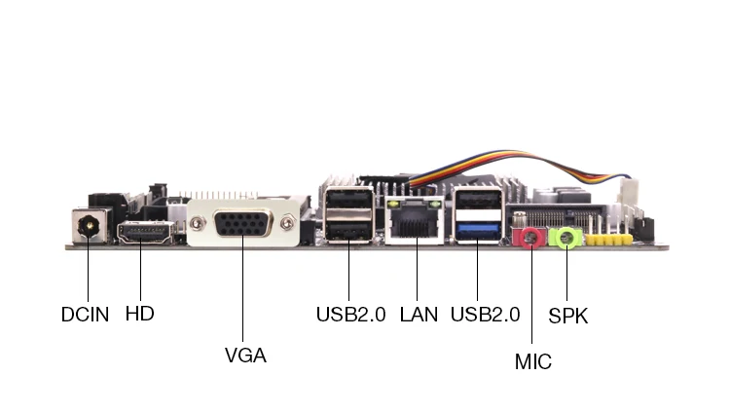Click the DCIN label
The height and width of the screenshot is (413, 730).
tap(86, 315)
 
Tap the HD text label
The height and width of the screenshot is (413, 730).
tap(139, 314)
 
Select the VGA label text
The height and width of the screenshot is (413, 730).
tap(245, 356)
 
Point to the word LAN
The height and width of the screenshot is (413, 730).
tap(419, 315)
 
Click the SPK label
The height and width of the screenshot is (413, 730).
tap(568, 316)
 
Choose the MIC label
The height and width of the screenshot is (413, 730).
tap(533, 361)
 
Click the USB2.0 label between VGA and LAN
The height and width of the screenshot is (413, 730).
tap(351, 315)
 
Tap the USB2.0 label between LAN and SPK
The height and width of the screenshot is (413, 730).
tap(485, 315)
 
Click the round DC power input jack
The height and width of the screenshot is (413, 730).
tap(89, 227)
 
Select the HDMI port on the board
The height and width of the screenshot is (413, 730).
tap(145, 233)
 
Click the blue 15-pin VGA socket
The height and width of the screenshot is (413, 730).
tap(242, 224)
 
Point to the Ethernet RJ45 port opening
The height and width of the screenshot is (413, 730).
tap(415, 226)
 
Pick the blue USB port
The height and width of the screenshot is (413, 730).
tap(478, 232)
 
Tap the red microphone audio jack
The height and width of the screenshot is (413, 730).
tap(528, 238)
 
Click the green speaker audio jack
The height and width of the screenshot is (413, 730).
tap(565, 238)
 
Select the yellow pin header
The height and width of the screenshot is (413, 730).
tap(608, 240)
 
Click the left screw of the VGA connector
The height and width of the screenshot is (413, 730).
tap(197, 224)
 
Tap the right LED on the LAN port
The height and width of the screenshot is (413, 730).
tap(436, 205)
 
